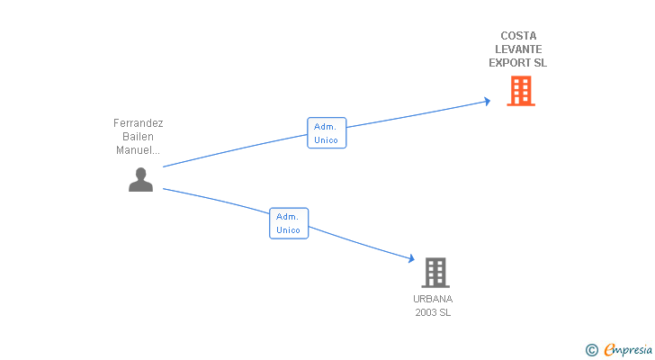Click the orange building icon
521,91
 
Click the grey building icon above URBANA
435,272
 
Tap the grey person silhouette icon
140,180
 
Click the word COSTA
517,36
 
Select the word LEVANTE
518,49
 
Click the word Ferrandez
139,123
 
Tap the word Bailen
139,137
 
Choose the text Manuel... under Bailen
139,150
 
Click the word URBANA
433,299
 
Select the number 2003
426,312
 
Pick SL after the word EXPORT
539,63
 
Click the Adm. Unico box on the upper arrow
326,133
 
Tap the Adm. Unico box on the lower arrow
289,223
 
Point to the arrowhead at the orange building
487,101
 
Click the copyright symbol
591,350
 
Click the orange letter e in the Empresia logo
609,350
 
